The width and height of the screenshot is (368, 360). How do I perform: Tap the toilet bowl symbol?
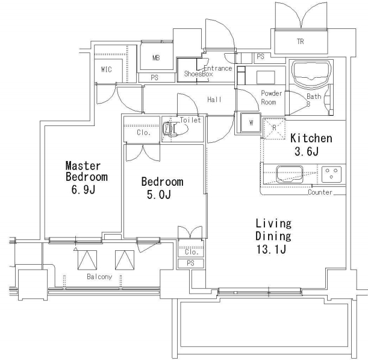tap(175, 128)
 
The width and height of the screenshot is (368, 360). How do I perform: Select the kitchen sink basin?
tap(290, 174)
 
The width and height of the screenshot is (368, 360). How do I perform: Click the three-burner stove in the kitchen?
tap(331, 174)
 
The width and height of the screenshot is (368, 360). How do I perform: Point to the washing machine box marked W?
tap(251, 122)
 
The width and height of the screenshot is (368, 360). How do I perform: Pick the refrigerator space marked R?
tap(274, 129)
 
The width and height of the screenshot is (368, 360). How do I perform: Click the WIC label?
tap(107, 69)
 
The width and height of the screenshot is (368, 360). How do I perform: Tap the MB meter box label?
tap(156, 57)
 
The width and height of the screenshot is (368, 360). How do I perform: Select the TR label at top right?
tap(301, 42)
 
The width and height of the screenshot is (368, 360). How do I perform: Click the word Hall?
tap(214, 99)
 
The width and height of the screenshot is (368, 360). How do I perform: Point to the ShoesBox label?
tap(198, 74)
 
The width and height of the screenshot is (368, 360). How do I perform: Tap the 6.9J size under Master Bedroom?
tap(83, 189)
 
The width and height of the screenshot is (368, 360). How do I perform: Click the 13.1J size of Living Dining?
tap(271, 249)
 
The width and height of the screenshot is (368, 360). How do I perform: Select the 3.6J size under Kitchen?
tap(307, 151)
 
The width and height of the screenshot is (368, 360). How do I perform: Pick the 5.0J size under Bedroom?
tap(158, 194)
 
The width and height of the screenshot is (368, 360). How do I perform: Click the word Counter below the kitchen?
tap(320, 192)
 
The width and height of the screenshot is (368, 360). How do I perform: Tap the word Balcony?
tap(99, 277)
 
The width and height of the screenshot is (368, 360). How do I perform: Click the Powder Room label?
tap(271, 98)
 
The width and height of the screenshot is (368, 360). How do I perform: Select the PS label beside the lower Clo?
tap(190, 263)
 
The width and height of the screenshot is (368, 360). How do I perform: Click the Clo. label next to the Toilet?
tap(143, 133)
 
